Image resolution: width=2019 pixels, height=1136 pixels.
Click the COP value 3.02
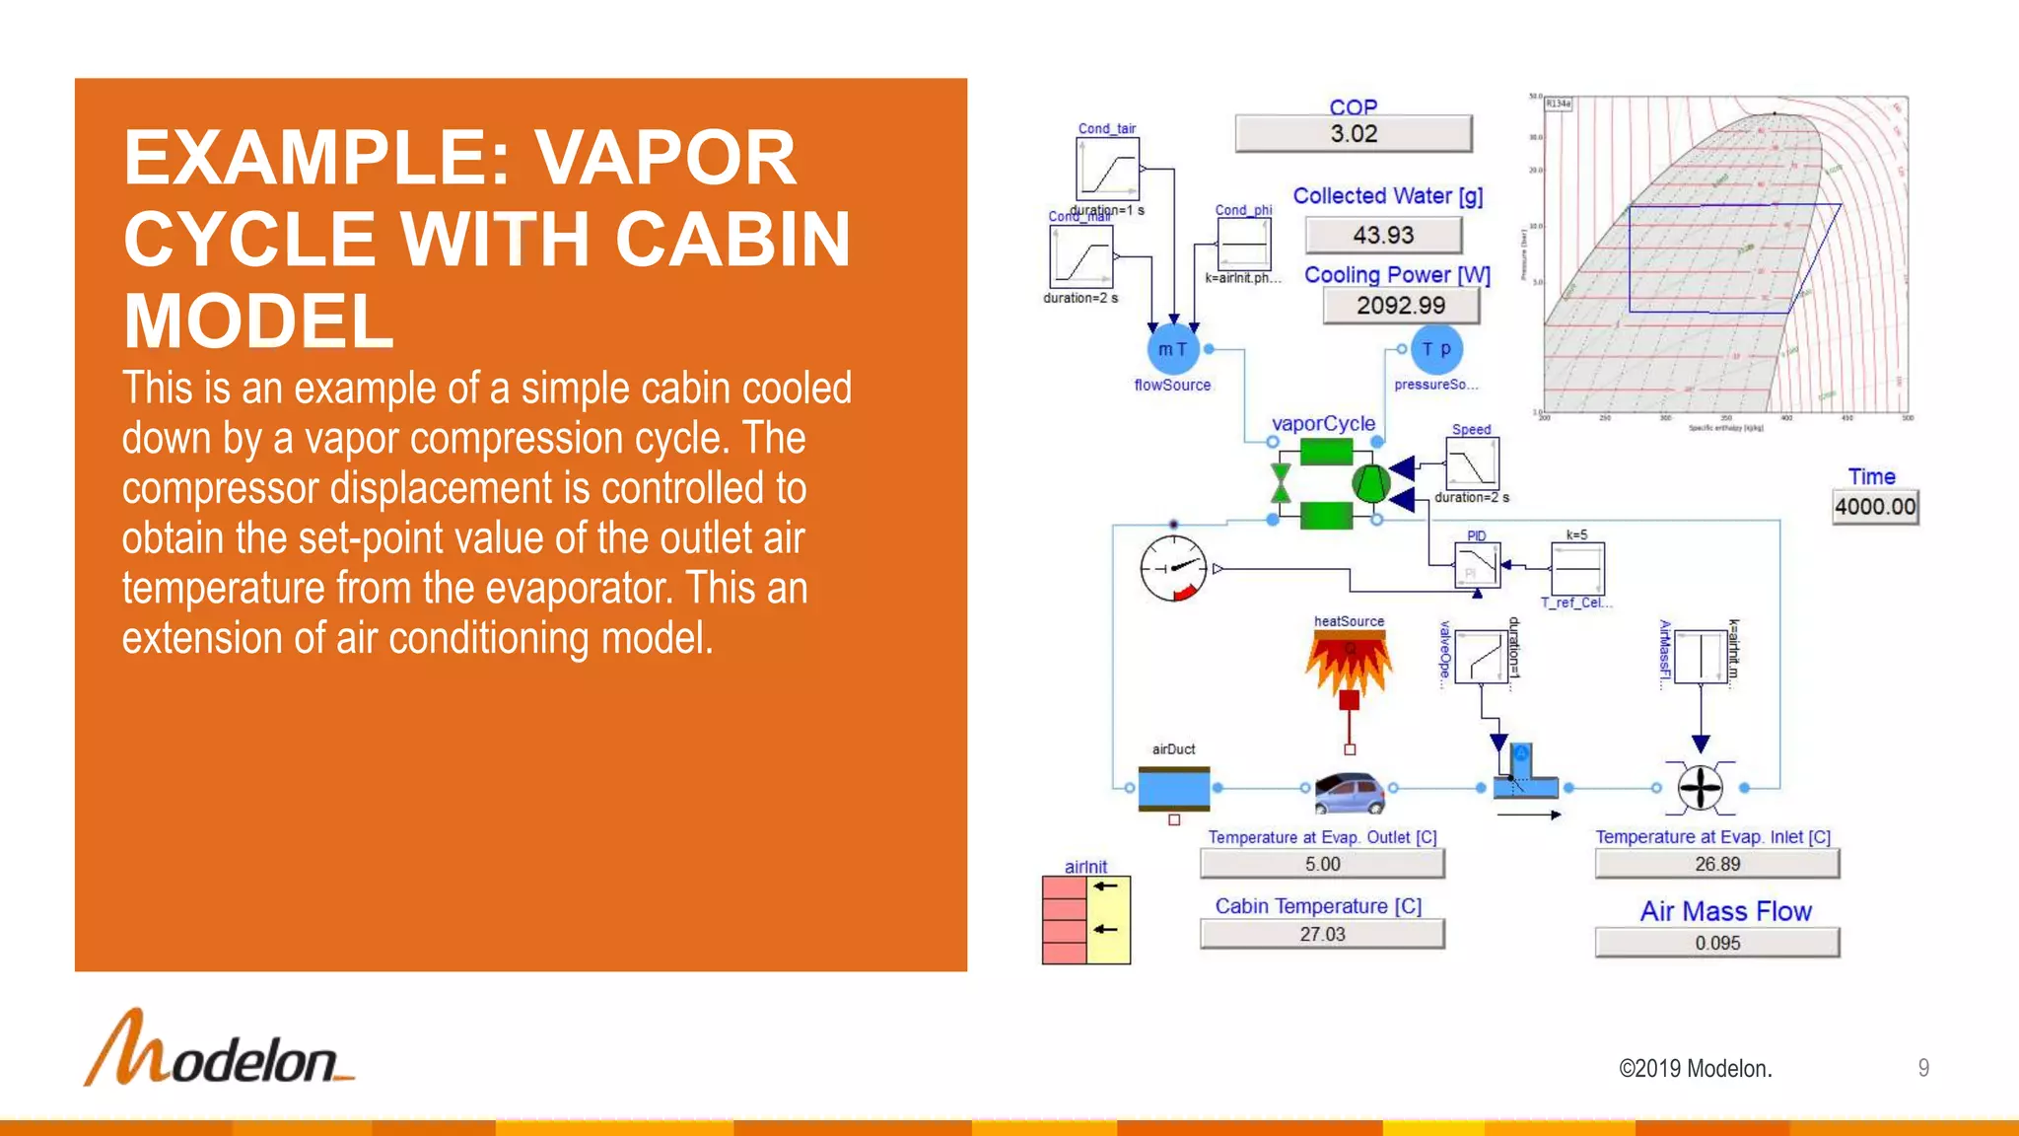pos(1353,134)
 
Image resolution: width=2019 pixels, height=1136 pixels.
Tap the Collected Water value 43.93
pos(1382,236)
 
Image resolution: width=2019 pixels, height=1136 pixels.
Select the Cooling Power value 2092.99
pos(1400,306)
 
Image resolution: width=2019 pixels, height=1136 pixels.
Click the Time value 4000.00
pos(1874,507)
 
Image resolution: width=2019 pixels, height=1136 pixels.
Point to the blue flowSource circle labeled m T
pos(1172,349)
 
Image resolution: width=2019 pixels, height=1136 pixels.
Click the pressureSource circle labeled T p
pos(1436,349)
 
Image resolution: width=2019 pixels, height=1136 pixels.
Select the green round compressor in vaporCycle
pos(1370,483)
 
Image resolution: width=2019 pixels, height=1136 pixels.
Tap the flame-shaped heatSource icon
pos(1349,661)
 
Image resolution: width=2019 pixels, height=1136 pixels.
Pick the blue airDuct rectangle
pos(1173,788)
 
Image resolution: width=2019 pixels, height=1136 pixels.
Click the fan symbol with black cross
pos(1700,788)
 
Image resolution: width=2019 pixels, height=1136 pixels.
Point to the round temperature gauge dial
pos(1173,569)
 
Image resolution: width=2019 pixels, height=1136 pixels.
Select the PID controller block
pos(1477,566)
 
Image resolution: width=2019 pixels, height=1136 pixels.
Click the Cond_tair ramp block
pos(1107,169)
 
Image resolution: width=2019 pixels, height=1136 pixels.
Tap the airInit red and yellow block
pos(1085,920)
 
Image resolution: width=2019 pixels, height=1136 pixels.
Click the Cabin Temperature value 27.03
pos(1321,934)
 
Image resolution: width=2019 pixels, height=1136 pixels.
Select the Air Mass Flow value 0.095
pos(1716,943)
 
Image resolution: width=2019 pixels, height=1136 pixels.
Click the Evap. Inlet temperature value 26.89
pos(1716,864)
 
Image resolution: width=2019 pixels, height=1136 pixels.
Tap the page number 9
pos(1922,1068)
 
